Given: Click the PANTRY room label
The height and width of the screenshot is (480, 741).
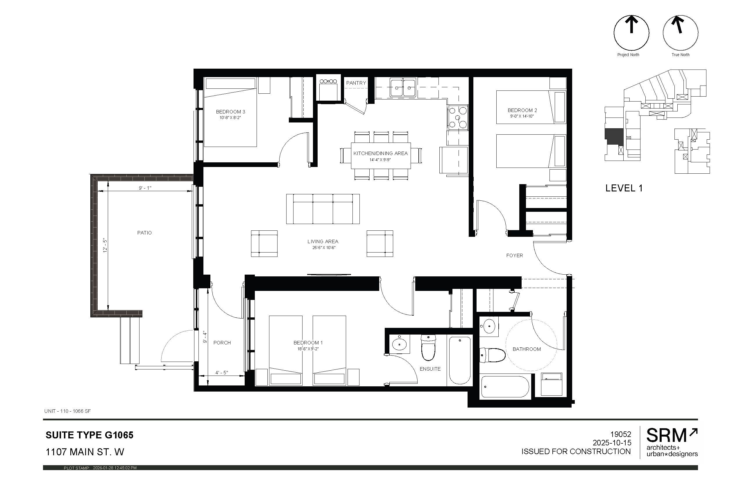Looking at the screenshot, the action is click(356, 83).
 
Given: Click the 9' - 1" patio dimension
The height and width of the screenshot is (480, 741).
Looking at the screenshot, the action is click(145, 188).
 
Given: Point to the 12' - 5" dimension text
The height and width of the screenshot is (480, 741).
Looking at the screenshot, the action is click(105, 245).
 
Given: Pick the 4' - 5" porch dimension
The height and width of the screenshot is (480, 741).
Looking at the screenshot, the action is click(222, 372).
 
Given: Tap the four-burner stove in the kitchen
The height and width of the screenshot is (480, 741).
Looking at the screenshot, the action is click(458, 118).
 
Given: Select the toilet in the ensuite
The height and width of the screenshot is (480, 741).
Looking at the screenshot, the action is click(428, 348).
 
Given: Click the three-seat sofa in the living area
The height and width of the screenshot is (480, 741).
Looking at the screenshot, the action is click(323, 209).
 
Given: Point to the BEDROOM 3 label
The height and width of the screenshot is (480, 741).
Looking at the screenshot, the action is click(230, 112).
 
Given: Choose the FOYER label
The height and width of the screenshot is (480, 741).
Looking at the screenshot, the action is click(514, 255).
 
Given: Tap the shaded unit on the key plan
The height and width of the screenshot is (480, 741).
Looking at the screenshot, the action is click(614, 136).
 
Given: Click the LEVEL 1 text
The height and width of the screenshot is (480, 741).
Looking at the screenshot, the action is click(624, 188).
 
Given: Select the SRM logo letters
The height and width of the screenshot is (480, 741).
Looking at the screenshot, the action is click(666, 435).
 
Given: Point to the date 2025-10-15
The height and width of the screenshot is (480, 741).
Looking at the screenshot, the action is click(612, 442).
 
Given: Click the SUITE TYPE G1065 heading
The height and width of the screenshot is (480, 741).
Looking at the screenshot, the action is click(90, 435).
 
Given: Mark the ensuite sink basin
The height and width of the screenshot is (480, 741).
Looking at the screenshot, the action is click(399, 344).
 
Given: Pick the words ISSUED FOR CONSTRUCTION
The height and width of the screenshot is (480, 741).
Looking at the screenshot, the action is click(576, 451).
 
